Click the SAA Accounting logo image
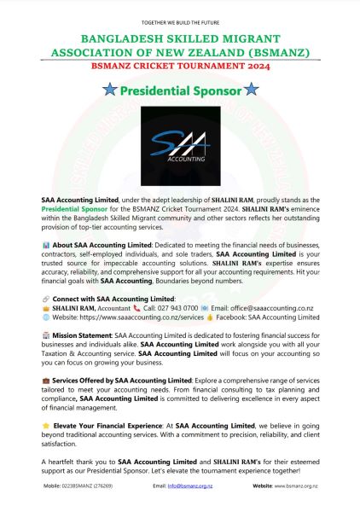click(179, 143)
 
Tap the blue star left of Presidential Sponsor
click(108, 89)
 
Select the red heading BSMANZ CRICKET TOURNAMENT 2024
click(179, 64)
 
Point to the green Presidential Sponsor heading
click(179, 89)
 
